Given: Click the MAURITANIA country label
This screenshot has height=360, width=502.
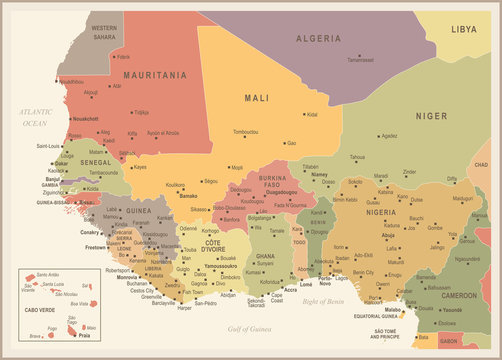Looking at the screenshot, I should [155, 74].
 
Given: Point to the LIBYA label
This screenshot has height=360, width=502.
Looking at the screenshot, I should [464, 30].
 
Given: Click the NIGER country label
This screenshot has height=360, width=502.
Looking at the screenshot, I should [431, 116].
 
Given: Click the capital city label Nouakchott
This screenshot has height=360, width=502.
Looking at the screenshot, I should [84, 119].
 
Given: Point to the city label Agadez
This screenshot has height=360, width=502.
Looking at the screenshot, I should [389, 136].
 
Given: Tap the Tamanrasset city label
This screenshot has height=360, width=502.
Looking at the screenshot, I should [360, 60].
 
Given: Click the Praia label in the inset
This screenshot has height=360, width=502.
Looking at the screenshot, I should [70, 335].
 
